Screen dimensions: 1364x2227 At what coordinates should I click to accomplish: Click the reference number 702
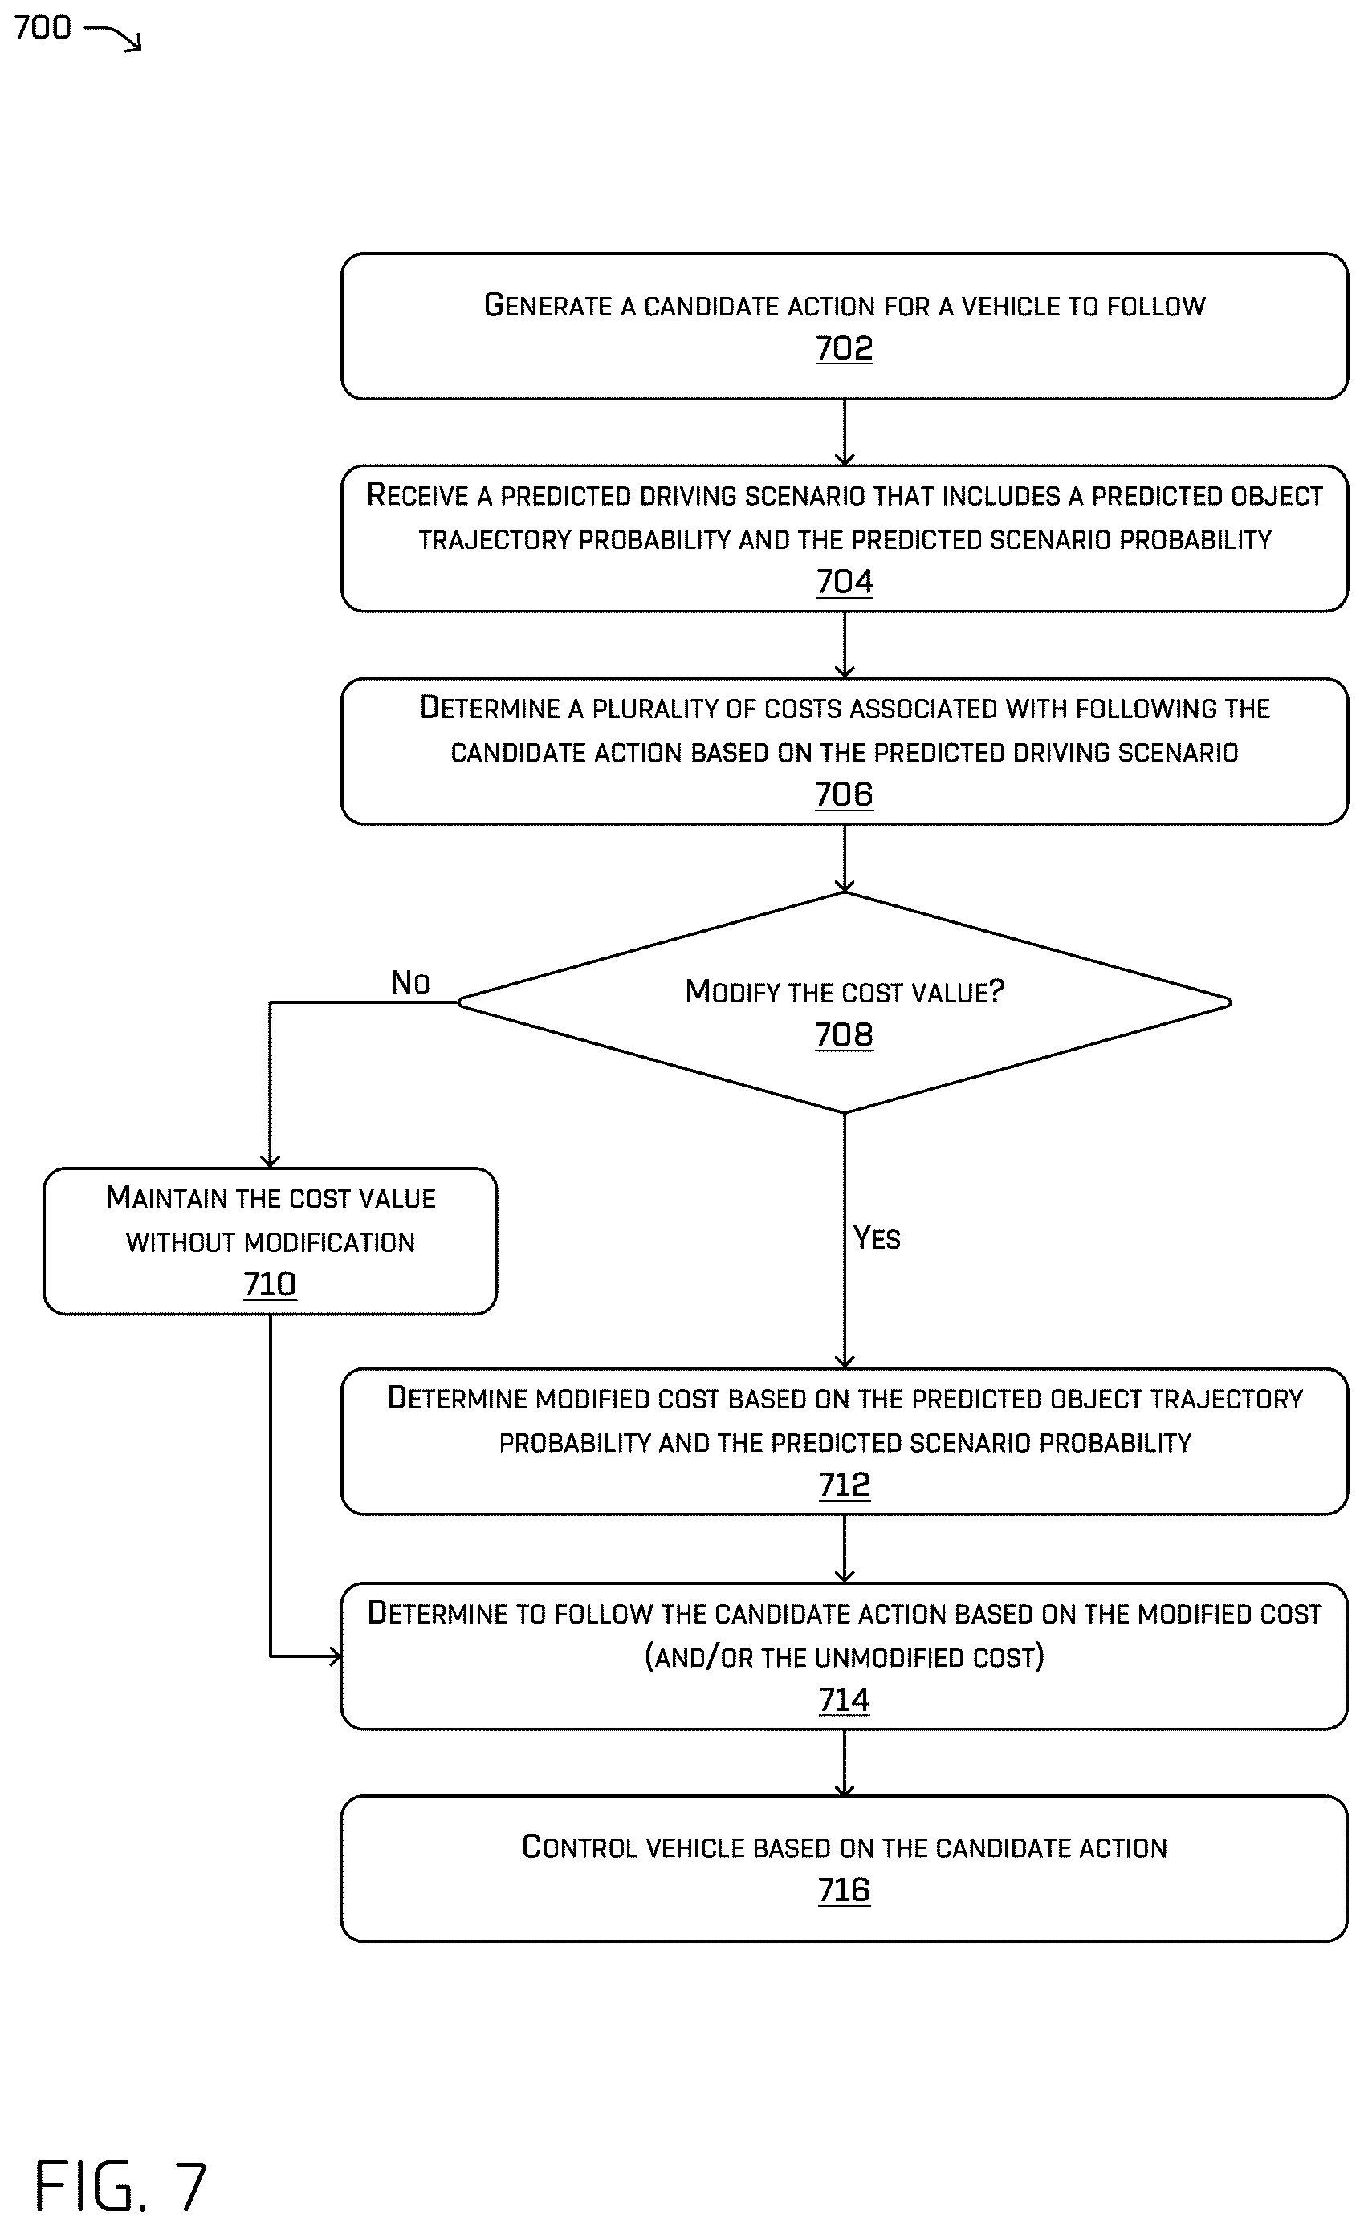click(x=845, y=348)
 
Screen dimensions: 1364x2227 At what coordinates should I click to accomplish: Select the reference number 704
click(x=845, y=581)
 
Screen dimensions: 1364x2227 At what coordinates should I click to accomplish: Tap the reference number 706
click(x=845, y=794)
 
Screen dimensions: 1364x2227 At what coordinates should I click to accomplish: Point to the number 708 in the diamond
click(x=845, y=1035)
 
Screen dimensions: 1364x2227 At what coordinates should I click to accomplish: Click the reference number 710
click(x=270, y=1283)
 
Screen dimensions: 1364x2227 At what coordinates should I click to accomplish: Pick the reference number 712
click(x=845, y=1484)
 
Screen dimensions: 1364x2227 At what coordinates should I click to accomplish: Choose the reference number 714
click(x=845, y=1699)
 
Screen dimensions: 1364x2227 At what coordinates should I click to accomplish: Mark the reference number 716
click(x=845, y=1889)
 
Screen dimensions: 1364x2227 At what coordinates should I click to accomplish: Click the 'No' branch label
click(x=409, y=981)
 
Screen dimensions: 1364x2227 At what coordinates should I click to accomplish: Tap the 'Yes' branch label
click(x=877, y=1237)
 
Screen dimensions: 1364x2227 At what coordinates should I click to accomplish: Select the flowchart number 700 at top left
click(x=43, y=27)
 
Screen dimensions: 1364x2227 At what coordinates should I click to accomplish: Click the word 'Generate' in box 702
click(x=548, y=306)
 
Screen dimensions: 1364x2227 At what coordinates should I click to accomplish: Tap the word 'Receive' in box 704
click(x=417, y=494)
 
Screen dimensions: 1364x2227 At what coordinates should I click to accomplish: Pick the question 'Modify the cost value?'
click(x=845, y=991)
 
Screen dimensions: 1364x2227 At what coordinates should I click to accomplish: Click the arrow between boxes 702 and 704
click(x=845, y=433)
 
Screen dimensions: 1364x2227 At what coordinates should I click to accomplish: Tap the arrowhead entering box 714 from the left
click(x=336, y=1656)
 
